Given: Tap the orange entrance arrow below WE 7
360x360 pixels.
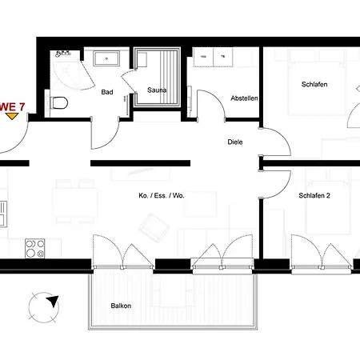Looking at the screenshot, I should pyautogui.click(x=11, y=116).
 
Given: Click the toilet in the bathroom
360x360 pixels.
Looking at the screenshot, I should pyautogui.click(x=57, y=102).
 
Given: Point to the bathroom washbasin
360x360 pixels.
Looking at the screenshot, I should pyautogui.click(x=106, y=59).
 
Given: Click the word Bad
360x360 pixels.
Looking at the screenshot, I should pyautogui.click(x=106, y=92).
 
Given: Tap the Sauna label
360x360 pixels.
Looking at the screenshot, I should pyautogui.click(x=156, y=91).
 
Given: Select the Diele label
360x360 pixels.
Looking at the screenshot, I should pyautogui.click(x=235, y=142).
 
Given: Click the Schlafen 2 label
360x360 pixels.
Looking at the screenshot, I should pyautogui.click(x=314, y=196).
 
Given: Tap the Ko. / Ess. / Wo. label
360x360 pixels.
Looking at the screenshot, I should pyautogui.click(x=161, y=196).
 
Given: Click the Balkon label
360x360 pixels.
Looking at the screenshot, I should pyautogui.click(x=122, y=306).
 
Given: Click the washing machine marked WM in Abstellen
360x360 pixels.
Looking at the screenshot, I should pyautogui.click(x=203, y=58).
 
